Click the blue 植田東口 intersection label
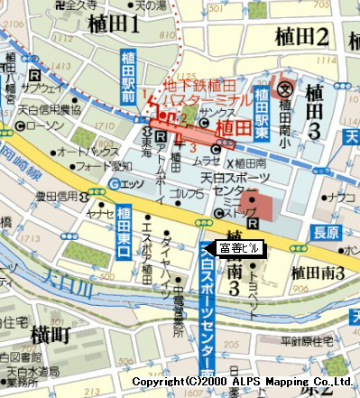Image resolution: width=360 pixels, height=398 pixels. pyautogui.click(x=124, y=234)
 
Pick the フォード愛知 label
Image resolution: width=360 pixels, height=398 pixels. pyautogui.click(x=97, y=167)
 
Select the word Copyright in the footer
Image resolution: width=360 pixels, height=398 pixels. pyautogui.click(x=154, y=383)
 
